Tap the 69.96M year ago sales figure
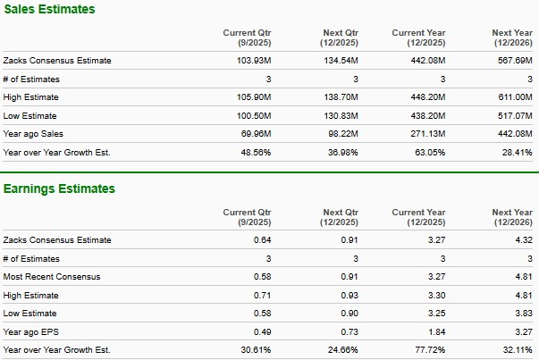pos(255,134)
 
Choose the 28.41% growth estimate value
pos(517,153)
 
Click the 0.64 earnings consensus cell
pos(261,240)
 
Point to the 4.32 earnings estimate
pos(524,240)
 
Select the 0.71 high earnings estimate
pos(261,295)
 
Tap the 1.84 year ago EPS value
pos(436,331)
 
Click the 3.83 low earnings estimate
pos(524,314)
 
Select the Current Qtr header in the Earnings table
pos(247,217)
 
